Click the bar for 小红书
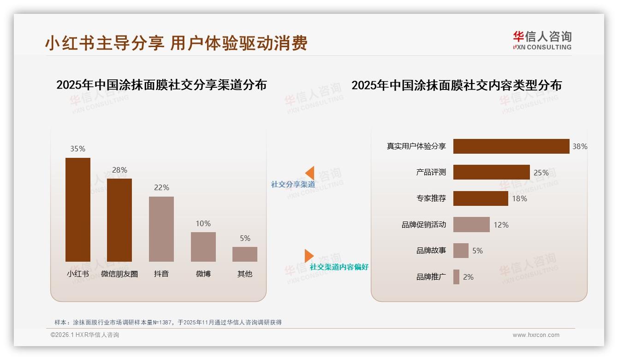(78, 210)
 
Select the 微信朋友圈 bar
(119, 220)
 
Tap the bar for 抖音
(161, 229)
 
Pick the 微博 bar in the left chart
(203, 247)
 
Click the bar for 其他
(245, 254)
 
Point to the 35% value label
(78, 149)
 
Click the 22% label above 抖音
(161, 187)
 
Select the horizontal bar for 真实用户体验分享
(511, 146)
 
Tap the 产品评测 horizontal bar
(491, 172)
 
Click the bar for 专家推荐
(481, 198)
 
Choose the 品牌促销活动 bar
(471, 225)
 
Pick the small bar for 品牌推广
(456, 277)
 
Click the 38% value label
(580, 146)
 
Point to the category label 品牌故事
(431, 251)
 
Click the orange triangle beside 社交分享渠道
(309, 173)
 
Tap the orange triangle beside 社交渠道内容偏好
(309, 256)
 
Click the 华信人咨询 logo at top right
(542, 40)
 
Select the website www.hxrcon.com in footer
(536, 335)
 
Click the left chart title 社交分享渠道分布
(161, 85)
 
